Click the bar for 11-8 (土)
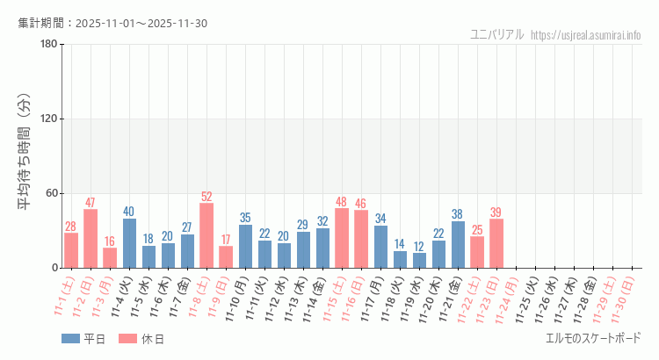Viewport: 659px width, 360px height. (206, 235)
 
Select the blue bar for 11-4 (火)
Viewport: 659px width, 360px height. (129, 243)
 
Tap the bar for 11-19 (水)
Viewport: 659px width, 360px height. (420, 260)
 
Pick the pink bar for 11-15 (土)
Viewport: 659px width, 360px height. (342, 238)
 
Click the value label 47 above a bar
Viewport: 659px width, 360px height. (91, 203)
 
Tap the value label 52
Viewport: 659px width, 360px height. (206, 197)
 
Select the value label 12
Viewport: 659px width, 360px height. (420, 247)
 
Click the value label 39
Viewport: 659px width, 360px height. (497, 212)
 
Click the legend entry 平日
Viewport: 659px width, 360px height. (83, 339)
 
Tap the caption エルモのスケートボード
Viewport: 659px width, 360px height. (593, 338)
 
